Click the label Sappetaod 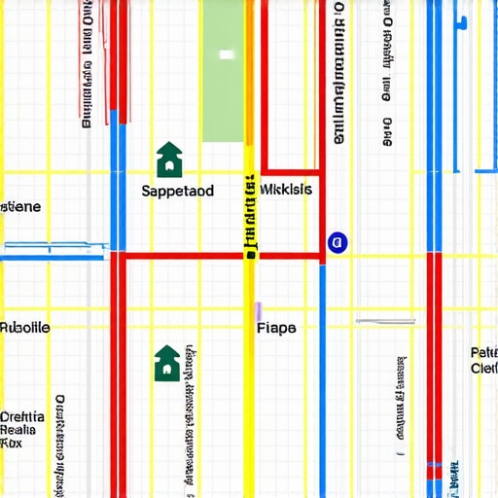tap(177, 192)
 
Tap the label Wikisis tap(287, 189)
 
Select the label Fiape tap(277, 328)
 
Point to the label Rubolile tap(25, 328)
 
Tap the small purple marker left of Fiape tap(258, 311)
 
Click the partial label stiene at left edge tap(20, 207)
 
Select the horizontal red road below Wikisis tap(219, 257)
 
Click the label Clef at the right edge tap(483, 369)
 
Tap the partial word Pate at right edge tap(484, 352)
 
